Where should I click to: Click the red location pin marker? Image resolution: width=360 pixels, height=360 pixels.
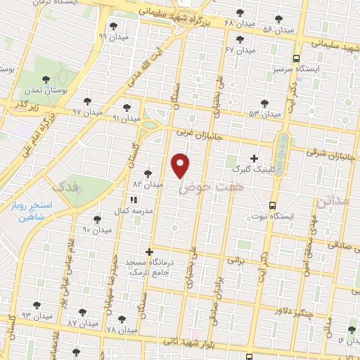coord(181,166)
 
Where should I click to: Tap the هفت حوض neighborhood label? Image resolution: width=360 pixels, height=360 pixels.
coord(205,188)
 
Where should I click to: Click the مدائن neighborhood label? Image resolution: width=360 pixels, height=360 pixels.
coord(333,202)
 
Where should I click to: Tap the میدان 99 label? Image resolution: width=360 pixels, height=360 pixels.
coord(113,36)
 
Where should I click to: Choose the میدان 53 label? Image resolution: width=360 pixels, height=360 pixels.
coord(264,112)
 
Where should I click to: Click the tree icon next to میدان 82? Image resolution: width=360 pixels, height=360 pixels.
coord(148,173)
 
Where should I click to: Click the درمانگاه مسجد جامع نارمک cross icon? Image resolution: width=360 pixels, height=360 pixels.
coord(149,251)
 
